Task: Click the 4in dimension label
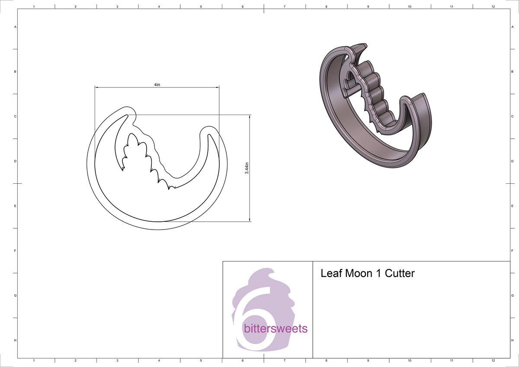(x=157, y=85)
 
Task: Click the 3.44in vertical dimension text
(x=247, y=168)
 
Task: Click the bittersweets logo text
(x=276, y=329)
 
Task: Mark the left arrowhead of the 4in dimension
(x=97, y=87)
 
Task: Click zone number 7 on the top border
(x=284, y=7)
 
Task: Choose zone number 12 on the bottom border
(x=493, y=360)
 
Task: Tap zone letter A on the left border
(x=16, y=27)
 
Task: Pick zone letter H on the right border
(x=512, y=341)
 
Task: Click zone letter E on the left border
(x=16, y=206)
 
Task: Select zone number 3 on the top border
(x=117, y=7)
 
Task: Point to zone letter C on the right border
(x=512, y=116)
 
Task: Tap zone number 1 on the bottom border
(x=34, y=360)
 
